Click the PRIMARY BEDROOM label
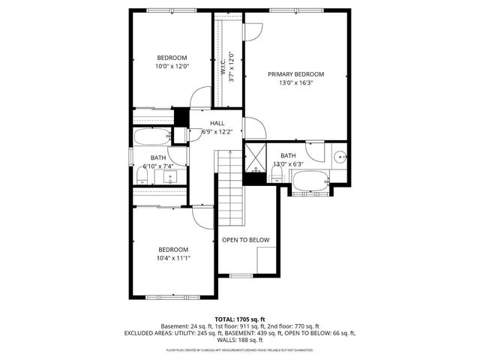pos(295,74)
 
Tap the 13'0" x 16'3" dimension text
pos(295,84)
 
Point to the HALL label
pos(217,123)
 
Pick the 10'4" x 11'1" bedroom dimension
pos(172,259)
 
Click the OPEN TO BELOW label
pos(245,240)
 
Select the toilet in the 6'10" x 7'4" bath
pos(142,175)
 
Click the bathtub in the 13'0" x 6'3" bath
pos(309,181)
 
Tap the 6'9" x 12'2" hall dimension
pos(217,132)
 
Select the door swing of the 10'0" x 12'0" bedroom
pos(199,98)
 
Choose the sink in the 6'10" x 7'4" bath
pos(170,178)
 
